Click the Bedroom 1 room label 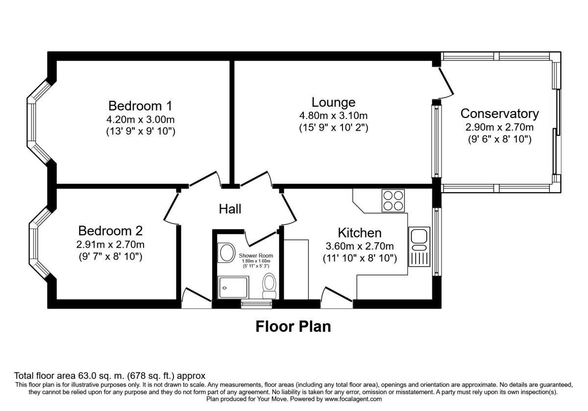(x=140, y=106)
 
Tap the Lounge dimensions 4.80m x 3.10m (x=333, y=115)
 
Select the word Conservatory (x=499, y=114)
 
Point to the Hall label (x=230, y=209)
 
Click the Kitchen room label (x=360, y=233)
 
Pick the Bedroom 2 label (x=110, y=231)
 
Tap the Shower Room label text (x=256, y=255)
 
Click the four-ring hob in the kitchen (x=393, y=201)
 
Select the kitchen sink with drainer (x=419, y=247)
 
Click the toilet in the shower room (x=269, y=286)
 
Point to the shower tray (x=233, y=287)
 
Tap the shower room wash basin (x=227, y=252)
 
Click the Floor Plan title (x=293, y=327)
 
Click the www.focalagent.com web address (x=353, y=399)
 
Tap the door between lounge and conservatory (x=446, y=81)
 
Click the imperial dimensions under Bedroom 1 (x=141, y=131)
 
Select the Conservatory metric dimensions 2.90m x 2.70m (x=499, y=127)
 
